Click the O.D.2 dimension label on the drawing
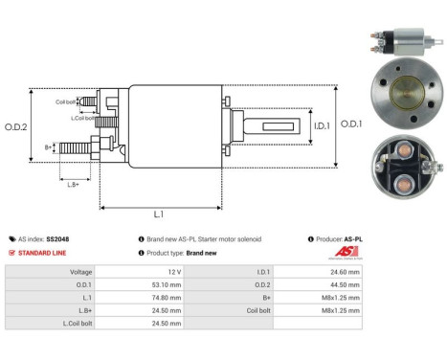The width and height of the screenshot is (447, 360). coord(16,125)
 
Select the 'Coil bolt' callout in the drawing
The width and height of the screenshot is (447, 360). coord(66,101)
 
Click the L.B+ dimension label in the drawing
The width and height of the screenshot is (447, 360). coord(73,183)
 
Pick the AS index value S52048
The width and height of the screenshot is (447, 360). coord(59,238)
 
